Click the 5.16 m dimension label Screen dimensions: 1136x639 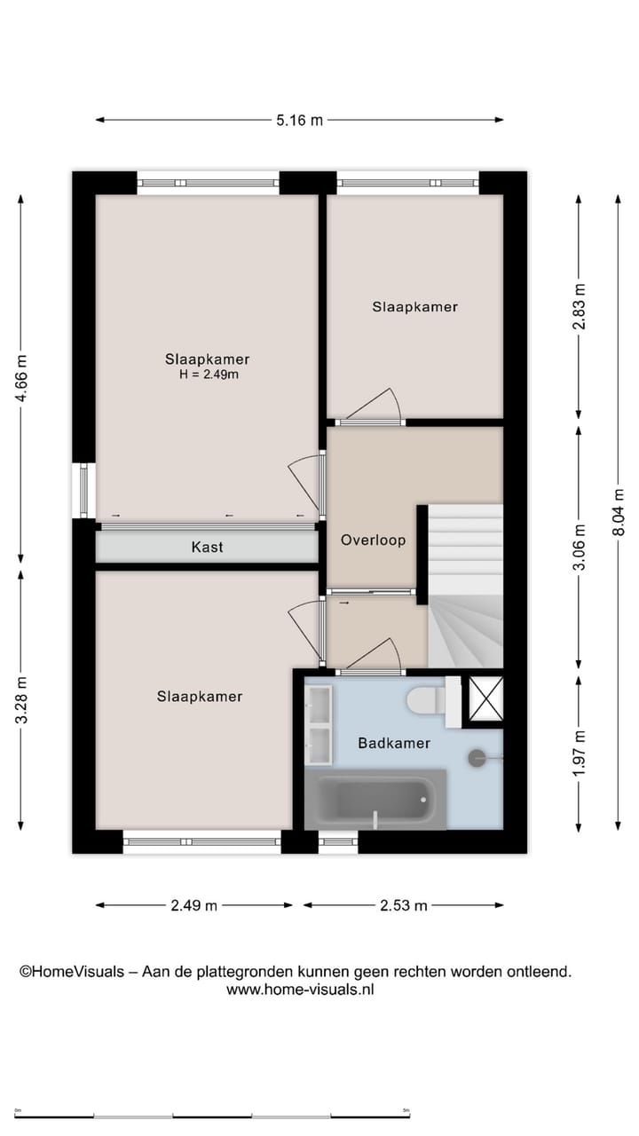(x=299, y=120)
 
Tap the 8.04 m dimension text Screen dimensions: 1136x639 (x=619, y=512)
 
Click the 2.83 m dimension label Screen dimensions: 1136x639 (x=579, y=307)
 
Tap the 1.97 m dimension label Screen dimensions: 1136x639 (x=579, y=753)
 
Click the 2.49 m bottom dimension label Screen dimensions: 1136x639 (x=193, y=905)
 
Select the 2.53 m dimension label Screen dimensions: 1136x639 (x=404, y=905)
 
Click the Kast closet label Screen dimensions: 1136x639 (x=207, y=548)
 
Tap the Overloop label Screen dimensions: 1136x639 (x=373, y=540)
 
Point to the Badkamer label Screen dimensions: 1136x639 (x=394, y=743)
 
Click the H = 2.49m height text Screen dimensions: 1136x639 (x=209, y=375)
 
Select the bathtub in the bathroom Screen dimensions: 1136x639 (x=375, y=800)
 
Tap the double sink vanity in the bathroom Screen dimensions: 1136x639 (x=318, y=724)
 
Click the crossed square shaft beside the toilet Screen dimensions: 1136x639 (x=485, y=696)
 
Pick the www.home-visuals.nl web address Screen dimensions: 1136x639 (x=300, y=990)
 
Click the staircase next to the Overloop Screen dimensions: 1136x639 (x=465, y=586)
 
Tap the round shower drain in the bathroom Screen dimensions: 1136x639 (x=477, y=757)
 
